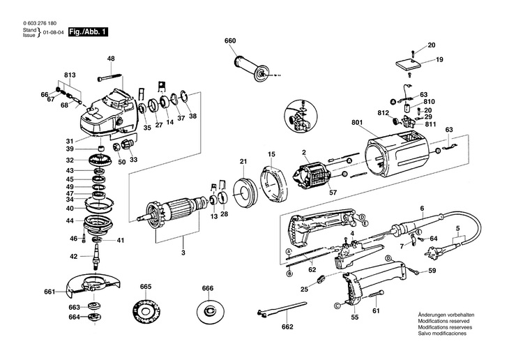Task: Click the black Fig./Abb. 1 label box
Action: tap(88, 32)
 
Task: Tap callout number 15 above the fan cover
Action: tap(272, 153)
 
